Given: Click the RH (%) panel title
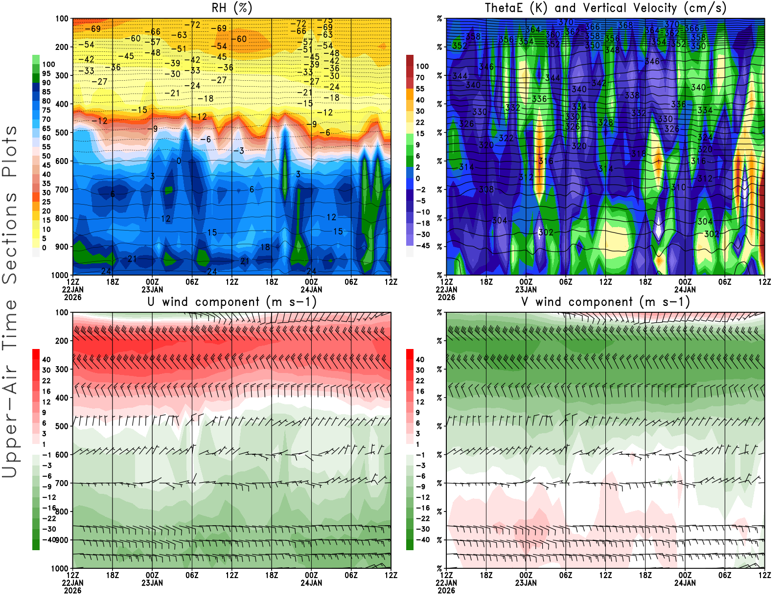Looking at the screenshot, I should coord(231,8).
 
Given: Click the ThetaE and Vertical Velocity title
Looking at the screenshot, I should coord(605,8).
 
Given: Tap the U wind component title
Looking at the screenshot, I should coord(231,302).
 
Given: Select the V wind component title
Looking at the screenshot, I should coord(605,302).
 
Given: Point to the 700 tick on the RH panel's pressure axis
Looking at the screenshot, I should coord(62,189).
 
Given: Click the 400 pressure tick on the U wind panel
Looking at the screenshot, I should coord(62,398).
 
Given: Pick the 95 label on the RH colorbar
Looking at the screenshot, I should coord(46,73).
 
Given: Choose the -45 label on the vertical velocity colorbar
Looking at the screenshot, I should coord(422,246).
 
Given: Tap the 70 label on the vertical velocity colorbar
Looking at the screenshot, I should coord(420,77).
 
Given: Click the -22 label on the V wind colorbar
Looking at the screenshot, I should coord(422,518).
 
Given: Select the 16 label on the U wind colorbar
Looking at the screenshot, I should coord(46,391).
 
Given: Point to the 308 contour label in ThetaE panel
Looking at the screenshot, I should coord(486,189).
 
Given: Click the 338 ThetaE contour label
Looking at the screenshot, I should coord(632,95).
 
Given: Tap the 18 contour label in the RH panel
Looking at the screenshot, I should coord(265,247).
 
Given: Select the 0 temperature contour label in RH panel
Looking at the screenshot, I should coord(179,161).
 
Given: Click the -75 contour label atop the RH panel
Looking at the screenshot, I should coord(324,21).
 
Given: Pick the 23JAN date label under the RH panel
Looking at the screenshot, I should coord(152,289).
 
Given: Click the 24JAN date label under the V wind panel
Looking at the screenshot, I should coord(685,583).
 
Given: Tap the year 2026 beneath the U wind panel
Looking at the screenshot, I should coord(72,590).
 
